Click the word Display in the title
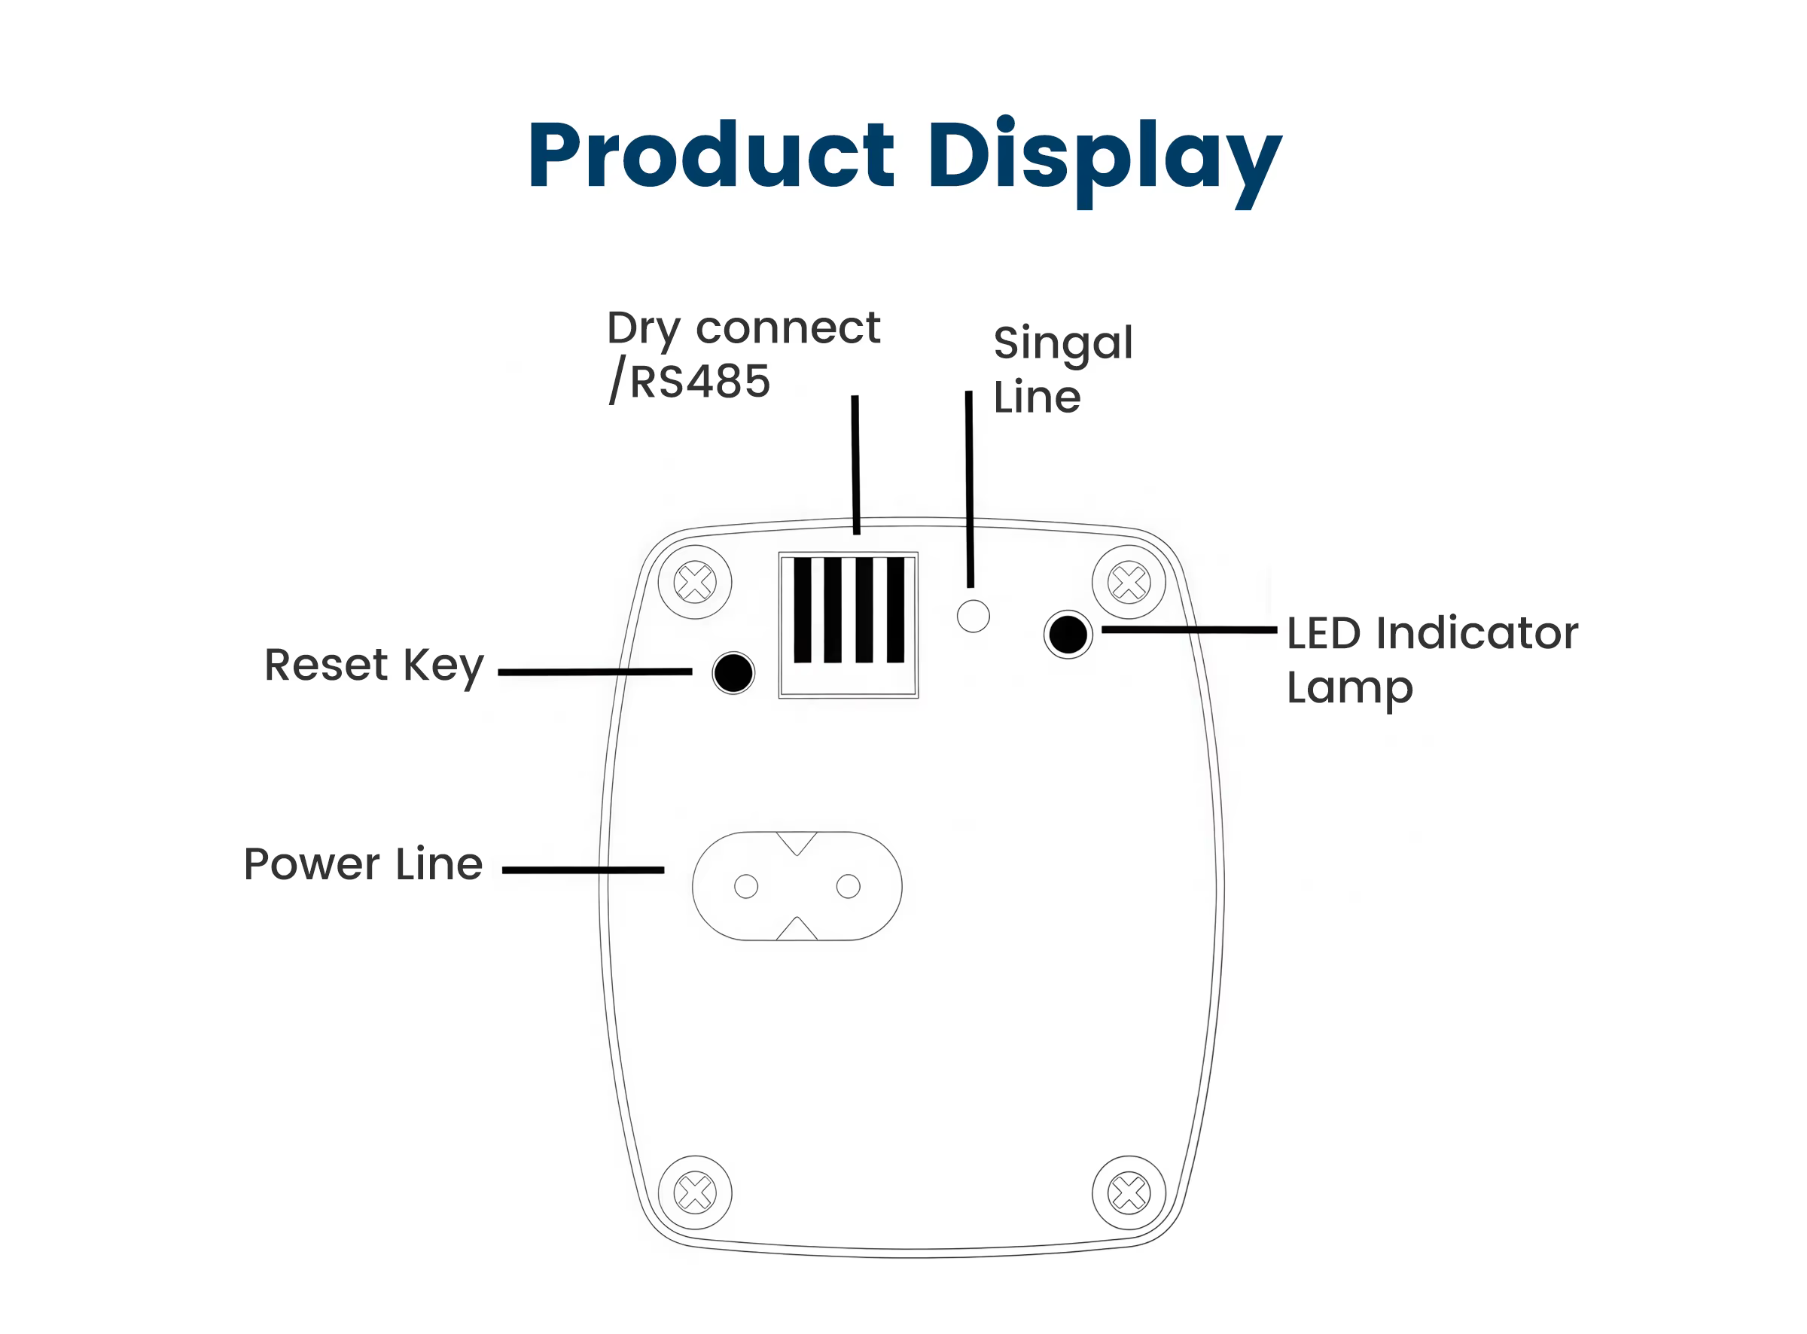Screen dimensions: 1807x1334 [1105, 162]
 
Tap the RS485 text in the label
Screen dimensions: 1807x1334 [699, 381]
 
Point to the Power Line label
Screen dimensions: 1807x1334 [364, 865]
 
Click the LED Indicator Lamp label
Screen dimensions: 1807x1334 [1431, 661]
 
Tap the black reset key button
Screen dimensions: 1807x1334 [733, 674]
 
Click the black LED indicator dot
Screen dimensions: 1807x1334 [1068, 635]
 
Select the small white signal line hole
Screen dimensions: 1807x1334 [973, 617]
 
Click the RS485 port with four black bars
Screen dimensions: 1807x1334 [849, 625]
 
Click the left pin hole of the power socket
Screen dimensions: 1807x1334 [746, 887]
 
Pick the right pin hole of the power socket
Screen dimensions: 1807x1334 [848, 887]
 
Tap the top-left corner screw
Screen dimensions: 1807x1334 [695, 582]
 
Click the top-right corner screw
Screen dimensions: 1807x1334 [1129, 582]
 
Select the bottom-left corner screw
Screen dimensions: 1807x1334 [695, 1193]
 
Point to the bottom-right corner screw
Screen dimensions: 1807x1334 [1129, 1193]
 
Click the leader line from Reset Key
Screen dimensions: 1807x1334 [595, 672]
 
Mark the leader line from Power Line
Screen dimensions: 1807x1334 [583, 870]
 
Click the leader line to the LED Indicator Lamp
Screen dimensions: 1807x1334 [1190, 630]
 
